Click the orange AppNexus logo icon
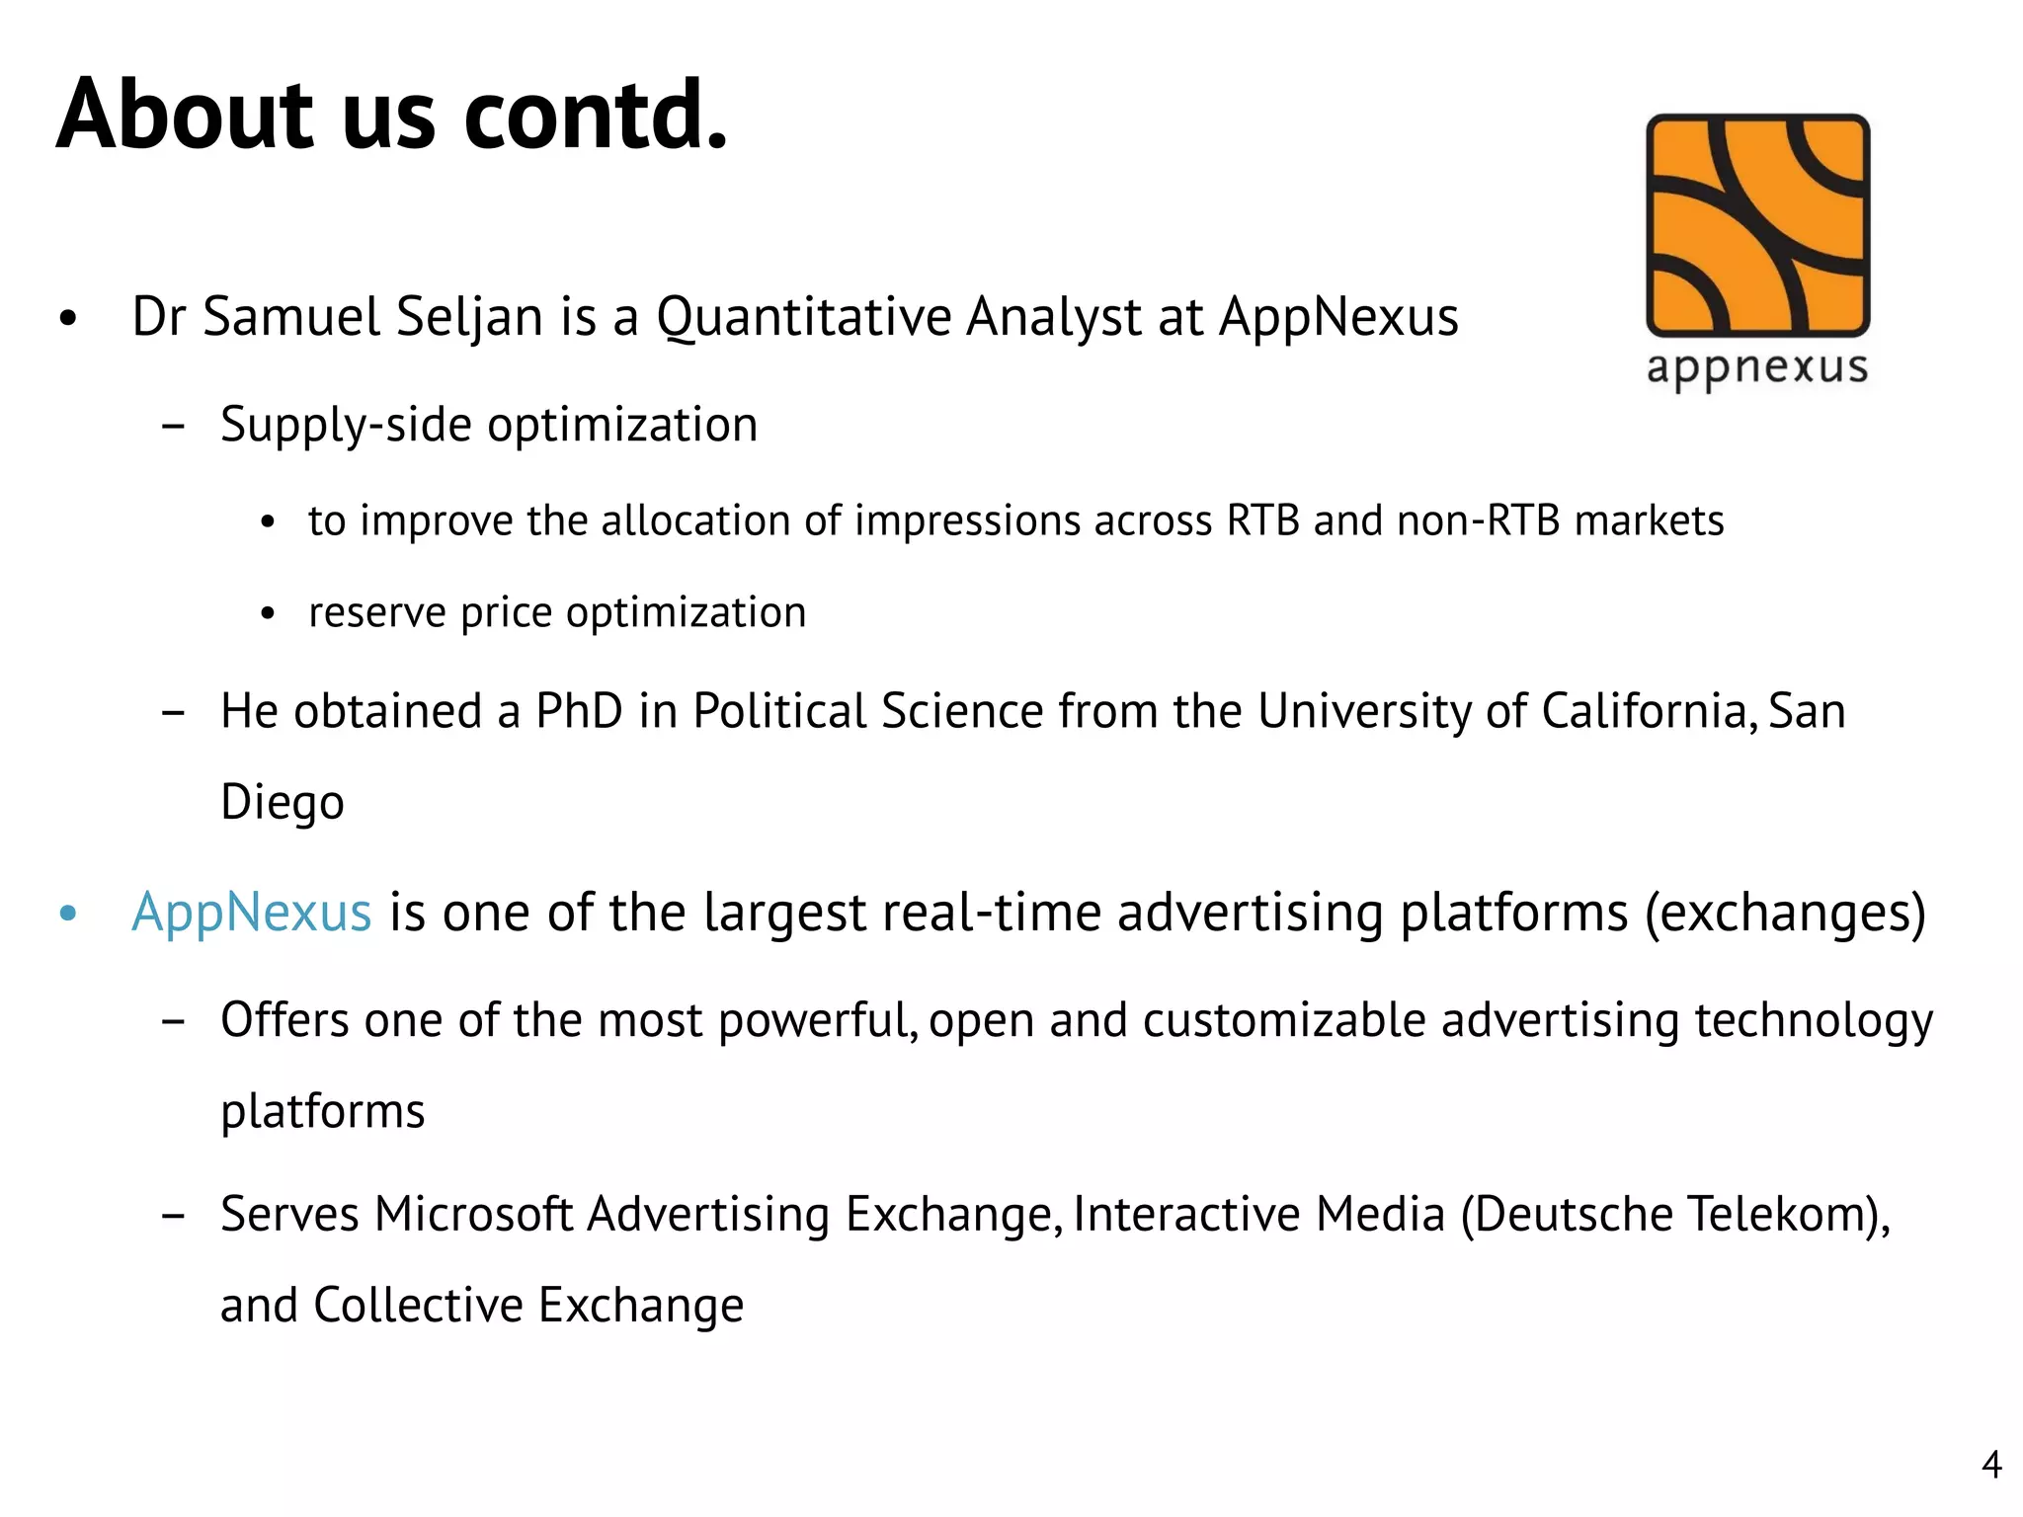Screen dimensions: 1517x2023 click(x=1757, y=225)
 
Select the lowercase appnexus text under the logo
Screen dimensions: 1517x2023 click(x=1757, y=368)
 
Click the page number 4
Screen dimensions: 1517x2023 click(x=1991, y=1464)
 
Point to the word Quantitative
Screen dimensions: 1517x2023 click(x=801, y=317)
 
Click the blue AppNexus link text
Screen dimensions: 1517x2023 click(x=252, y=912)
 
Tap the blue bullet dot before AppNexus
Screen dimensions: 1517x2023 click(x=67, y=913)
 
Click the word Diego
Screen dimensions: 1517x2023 click(x=283, y=802)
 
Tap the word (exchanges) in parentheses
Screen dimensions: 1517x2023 click(x=1785, y=912)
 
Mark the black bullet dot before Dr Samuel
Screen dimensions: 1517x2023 click(x=67, y=318)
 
